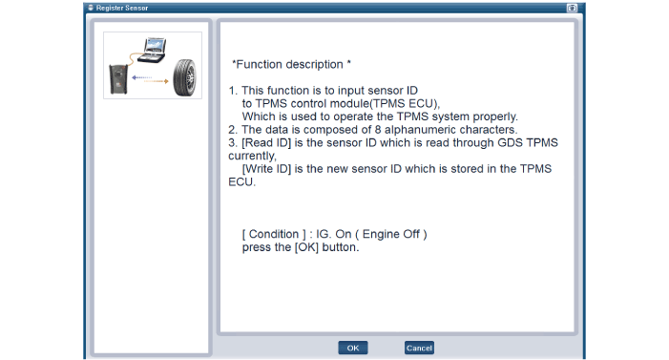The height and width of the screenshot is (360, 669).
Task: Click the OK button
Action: pyautogui.click(x=353, y=348)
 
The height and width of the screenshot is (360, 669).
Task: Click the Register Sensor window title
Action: pyautogui.click(x=122, y=8)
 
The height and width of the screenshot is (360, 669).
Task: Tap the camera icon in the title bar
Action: pyautogui.click(x=572, y=8)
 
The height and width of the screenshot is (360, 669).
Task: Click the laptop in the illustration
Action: pyautogui.click(x=153, y=51)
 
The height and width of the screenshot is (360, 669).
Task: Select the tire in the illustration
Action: pyautogui.click(x=185, y=77)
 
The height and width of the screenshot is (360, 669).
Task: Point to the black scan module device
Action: pyautogui.click(x=118, y=79)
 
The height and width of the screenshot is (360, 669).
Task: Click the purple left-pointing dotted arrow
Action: pyautogui.click(x=141, y=77)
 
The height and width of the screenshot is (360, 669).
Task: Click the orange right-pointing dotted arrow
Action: pyautogui.click(x=157, y=81)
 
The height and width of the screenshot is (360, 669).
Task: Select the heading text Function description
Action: pyautogui.click(x=290, y=65)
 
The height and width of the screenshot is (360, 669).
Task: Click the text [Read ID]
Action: pyautogui.click(x=266, y=142)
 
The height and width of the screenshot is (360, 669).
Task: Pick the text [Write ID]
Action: pyautogui.click(x=266, y=169)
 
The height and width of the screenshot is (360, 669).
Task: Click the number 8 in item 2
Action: pyautogui.click(x=378, y=130)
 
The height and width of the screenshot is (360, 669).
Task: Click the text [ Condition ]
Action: pyautogui.click(x=274, y=234)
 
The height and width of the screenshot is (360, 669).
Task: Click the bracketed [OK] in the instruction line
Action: pyautogui.click(x=306, y=247)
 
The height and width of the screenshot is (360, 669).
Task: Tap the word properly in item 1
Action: pyautogui.click(x=495, y=116)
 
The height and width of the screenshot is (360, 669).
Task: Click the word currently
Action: pyautogui.click(x=252, y=156)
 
